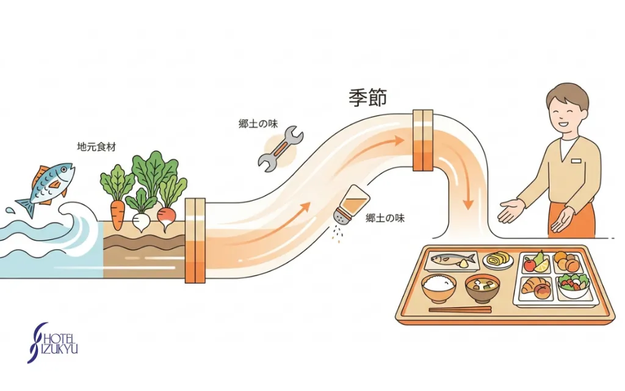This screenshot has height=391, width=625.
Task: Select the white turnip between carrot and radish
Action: click(140, 221)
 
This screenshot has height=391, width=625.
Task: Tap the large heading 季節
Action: click(367, 97)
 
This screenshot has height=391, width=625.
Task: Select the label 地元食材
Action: click(96, 147)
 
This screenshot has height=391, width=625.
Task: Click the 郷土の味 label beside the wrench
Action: click(258, 123)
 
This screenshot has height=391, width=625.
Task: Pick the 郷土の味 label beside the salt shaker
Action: click(385, 218)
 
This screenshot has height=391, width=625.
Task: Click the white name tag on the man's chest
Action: click(577, 161)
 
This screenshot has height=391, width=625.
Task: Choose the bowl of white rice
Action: click(438, 288)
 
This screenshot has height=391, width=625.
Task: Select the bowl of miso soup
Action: click(482, 289)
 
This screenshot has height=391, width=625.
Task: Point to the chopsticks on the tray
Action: click(460, 310)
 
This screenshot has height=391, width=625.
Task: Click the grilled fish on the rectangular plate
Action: click(450, 260)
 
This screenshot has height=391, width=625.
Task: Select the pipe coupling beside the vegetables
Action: click(195, 241)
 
